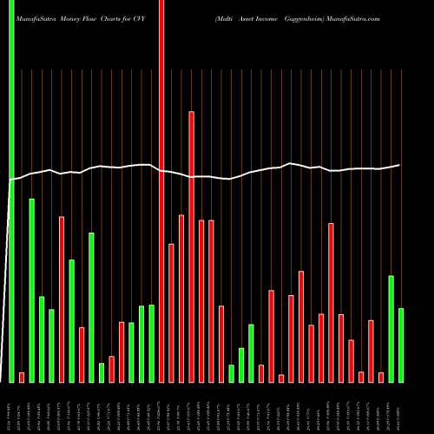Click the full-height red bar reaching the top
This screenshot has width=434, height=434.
(x=161, y=191)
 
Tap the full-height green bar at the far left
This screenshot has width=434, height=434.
(x=12, y=191)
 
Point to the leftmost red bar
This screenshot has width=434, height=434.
(x=22, y=377)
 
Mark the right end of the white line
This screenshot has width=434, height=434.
(x=399, y=165)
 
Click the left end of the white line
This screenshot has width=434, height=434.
(x=10, y=180)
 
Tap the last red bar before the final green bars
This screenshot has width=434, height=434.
(x=380, y=377)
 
